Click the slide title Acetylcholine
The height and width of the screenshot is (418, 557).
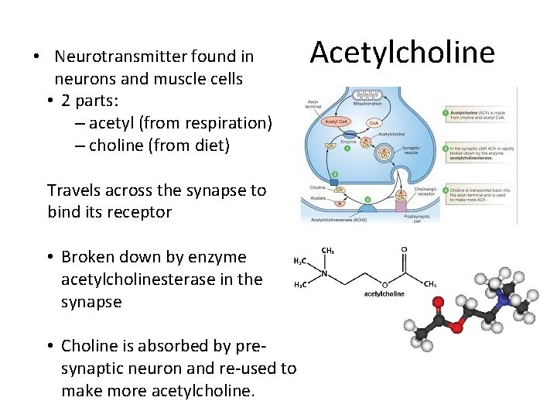pos(402,53)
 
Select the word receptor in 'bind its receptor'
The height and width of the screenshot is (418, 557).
pos(141,212)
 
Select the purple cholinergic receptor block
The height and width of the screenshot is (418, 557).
pos(401,200)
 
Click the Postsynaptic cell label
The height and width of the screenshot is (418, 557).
pos(412,218)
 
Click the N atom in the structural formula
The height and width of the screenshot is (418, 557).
pos(325,272)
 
